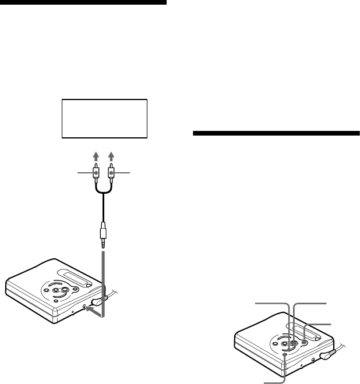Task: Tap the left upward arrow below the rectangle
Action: click(x=96, y=157)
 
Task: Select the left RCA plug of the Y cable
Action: click(x=96, y=173)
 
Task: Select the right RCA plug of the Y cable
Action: click(x=110, y=173)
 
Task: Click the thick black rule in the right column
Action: click(x=276, y=133)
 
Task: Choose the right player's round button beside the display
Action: click(x=303, y=343)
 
